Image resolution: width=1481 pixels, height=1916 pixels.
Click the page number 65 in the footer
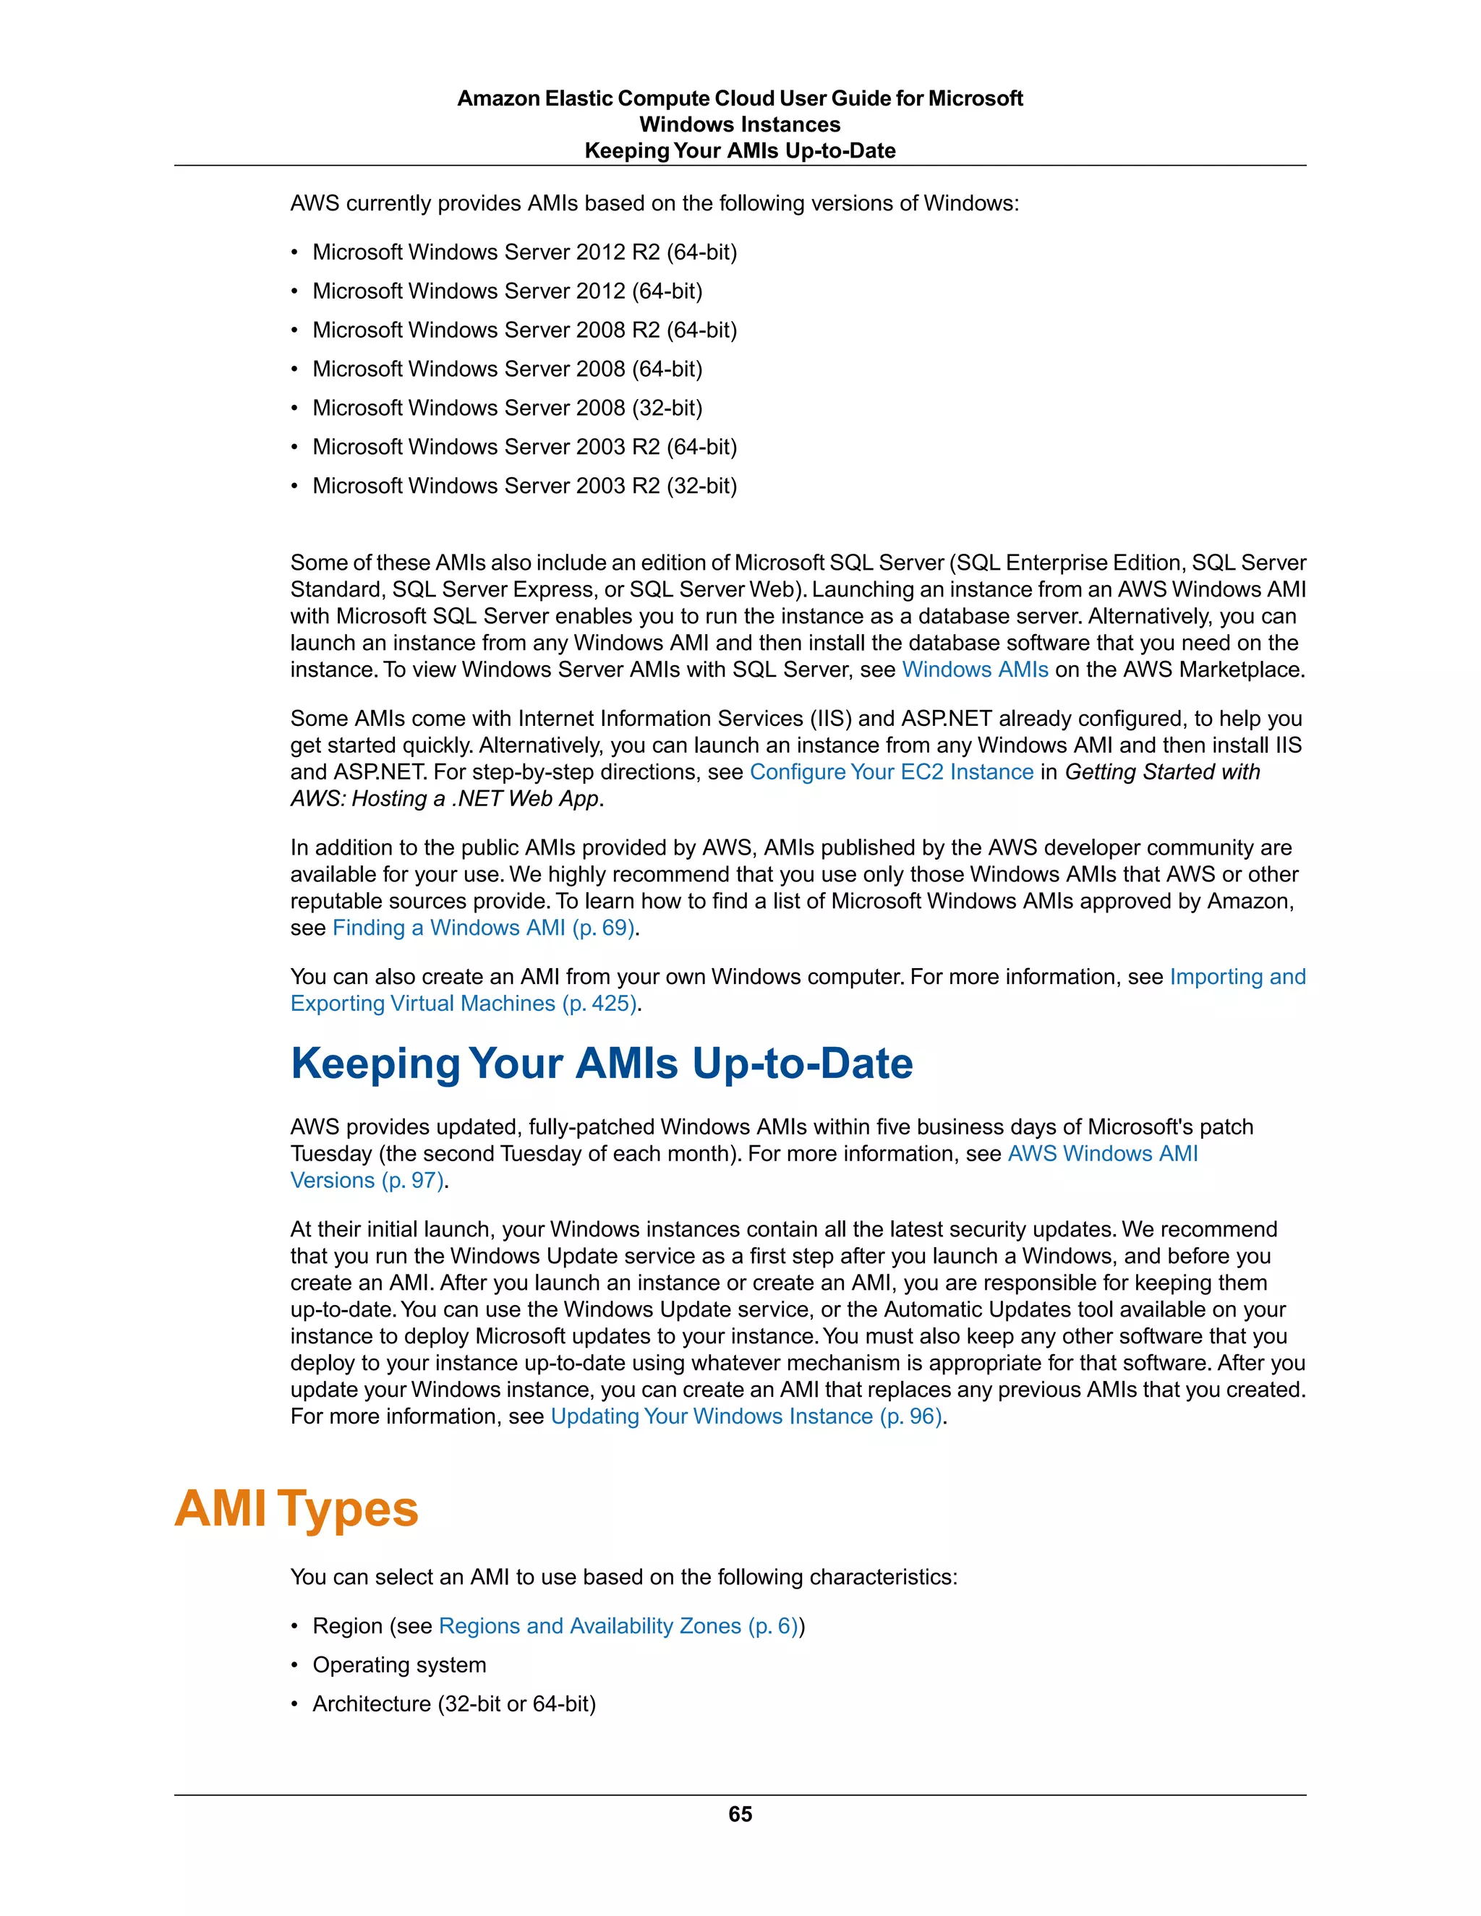click(740, 1813)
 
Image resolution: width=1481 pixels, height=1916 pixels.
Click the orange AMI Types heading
click(296, 1509)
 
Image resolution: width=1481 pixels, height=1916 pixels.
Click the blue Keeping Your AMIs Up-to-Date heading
click(601, 1064)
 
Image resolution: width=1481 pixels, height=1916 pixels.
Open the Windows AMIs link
click(975, 670)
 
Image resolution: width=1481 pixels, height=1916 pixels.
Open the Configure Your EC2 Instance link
click(892, 772)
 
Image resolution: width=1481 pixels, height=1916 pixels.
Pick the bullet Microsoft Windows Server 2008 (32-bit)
click(507, 408)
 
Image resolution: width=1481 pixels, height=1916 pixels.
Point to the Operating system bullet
click(399, 1664)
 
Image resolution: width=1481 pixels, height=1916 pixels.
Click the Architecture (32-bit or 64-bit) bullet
click(453, 1703)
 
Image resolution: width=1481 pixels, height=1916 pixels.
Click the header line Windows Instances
click(740, 124)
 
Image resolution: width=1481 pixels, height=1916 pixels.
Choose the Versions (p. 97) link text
click(367, 1180)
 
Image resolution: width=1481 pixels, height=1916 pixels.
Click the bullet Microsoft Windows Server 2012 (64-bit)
click(507, 291)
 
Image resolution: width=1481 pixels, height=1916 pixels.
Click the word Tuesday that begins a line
click(330, 1154)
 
